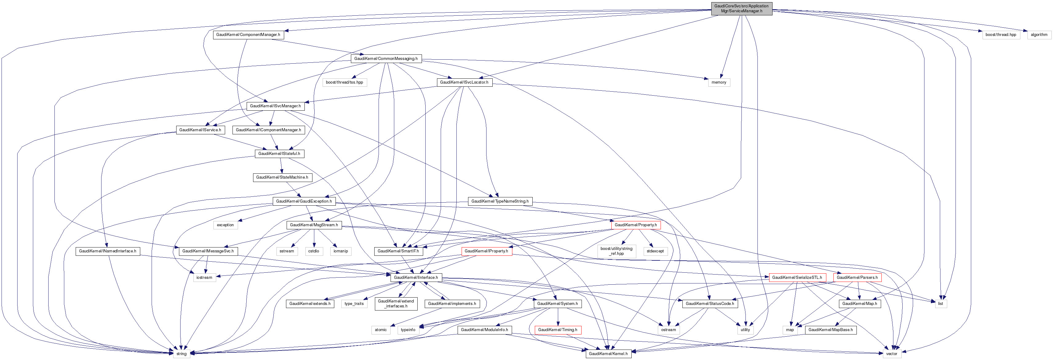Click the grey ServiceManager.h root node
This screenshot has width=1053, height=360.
[741, 9]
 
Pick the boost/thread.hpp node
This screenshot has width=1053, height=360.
[1000, 35]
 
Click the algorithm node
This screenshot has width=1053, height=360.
[1039, 35]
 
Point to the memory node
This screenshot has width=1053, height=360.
[719, 82]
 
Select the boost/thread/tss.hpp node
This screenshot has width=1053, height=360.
[344, 82]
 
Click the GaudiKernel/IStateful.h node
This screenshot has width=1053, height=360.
[280, 154]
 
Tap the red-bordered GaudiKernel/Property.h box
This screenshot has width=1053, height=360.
[635, 225]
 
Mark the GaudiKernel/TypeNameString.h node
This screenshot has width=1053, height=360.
[499, 201]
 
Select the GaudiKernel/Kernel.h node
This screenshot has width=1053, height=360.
[608, 354]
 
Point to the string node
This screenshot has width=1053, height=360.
[181, 354]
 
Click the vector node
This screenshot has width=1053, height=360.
[892, 354]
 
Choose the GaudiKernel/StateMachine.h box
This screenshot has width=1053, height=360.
[282, 178]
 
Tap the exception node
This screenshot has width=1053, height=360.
[225, 225]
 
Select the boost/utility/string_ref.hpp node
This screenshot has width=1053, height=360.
[616, 251]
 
